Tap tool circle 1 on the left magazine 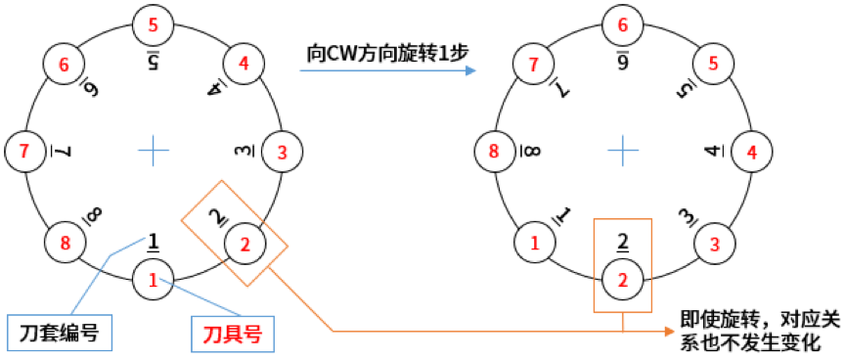click(153, 279)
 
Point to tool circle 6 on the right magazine click(622, 22)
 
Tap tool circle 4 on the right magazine click(751, 153)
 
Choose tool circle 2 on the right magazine click(622, 280)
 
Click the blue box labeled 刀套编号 click(58, 332)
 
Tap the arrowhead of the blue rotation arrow click(471, 71)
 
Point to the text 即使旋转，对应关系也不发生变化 click(759, 330)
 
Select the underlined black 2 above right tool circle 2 click(622, 242)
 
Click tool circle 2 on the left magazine click(245, 242)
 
